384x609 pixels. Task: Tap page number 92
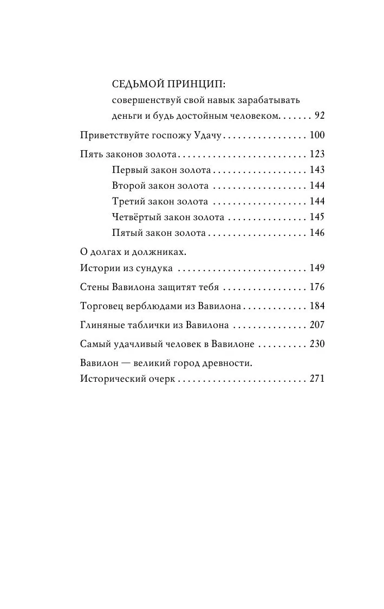(319, 116)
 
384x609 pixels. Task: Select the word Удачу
(207, 136)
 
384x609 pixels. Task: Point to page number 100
(317, 136)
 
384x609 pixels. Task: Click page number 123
(317, 155)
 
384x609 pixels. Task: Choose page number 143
(317, 170)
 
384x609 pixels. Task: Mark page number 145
(317, 217)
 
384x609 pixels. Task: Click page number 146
(317, 233)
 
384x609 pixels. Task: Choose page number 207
(317, 325)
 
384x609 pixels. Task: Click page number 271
(317, 379)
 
